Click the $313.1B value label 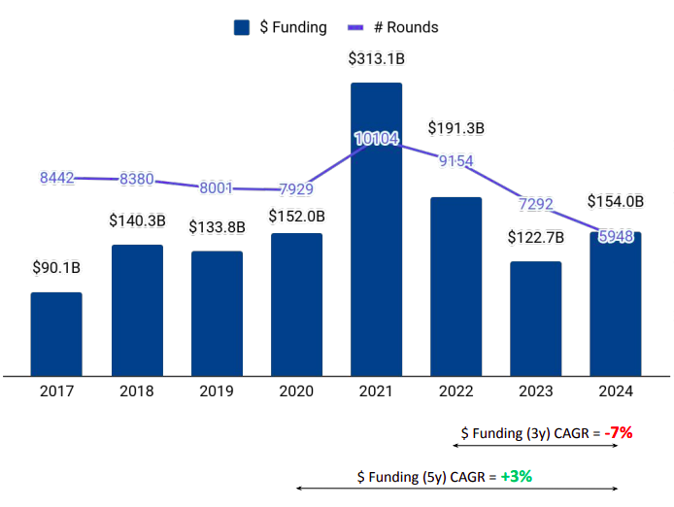(x=376, y=59)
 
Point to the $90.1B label (x=56, y=268)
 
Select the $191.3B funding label (x=456, y=128)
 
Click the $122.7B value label (x=535, y=238)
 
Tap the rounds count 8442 (x=57, y=178)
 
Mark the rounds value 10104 (x=376, y=139)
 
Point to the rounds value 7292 (x=535, y=204)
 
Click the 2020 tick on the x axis (x=296, y=391)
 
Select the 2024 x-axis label (x=615, y=391)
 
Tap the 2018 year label (x=137, y=391)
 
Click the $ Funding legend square (x=243, y=27)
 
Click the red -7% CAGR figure (x=619, y=433)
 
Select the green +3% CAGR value (x=517, y=477)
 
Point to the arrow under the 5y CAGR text (x=456, y=489)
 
